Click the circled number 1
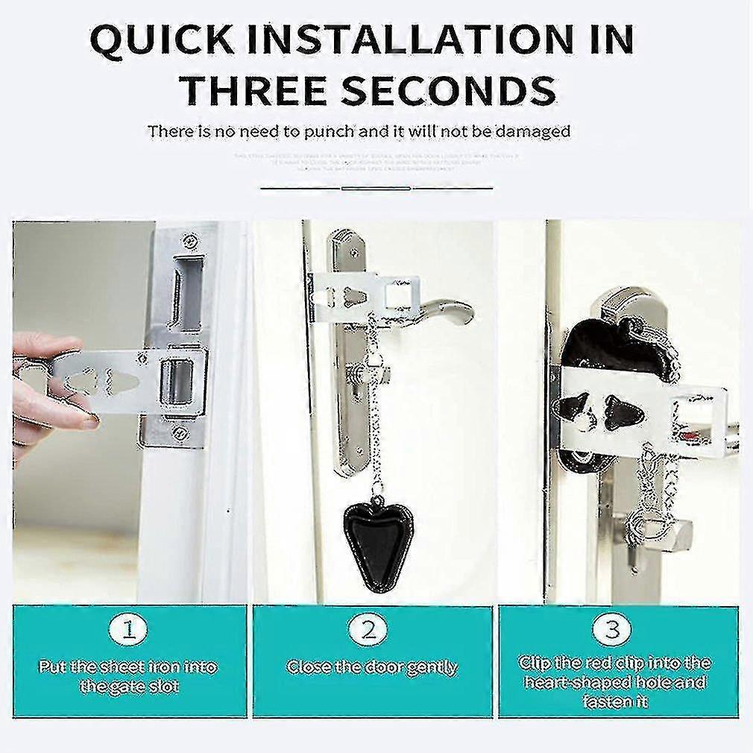click(128, 631)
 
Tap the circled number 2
click(370, 631)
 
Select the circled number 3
click(611, 631)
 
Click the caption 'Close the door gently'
click(372, 667)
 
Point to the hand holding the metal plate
click(45, 388)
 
